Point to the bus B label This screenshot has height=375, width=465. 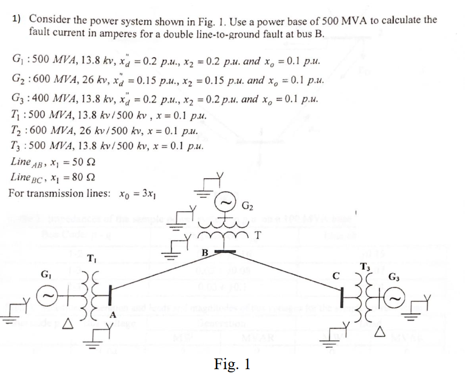[203, 252]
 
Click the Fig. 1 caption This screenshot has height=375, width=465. [232, 364]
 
